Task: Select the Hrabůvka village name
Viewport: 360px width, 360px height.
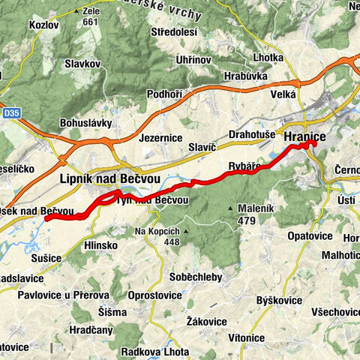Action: click(246, 76)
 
